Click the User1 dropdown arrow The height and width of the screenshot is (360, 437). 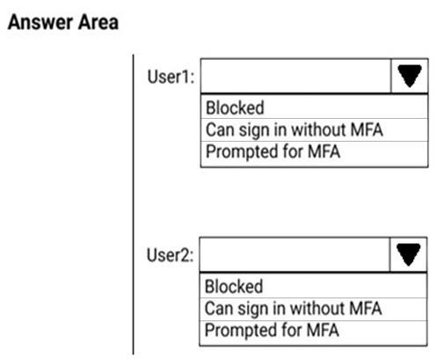410,76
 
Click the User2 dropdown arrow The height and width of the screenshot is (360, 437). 408,254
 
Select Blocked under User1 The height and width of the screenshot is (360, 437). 235,107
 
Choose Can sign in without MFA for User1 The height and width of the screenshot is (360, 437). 295,130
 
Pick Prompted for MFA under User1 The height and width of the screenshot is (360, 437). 273,151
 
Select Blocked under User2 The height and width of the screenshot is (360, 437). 234,286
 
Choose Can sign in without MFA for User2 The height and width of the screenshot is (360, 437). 293,309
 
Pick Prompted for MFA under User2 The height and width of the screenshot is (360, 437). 272,330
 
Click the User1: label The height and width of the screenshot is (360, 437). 171,77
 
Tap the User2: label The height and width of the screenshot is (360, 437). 170,255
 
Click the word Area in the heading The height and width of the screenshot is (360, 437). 98,23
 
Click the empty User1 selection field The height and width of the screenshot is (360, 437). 295,76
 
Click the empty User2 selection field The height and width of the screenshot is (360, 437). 295,254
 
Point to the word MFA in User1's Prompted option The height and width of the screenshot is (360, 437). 324,151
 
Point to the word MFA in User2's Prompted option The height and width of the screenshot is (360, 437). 323,330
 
